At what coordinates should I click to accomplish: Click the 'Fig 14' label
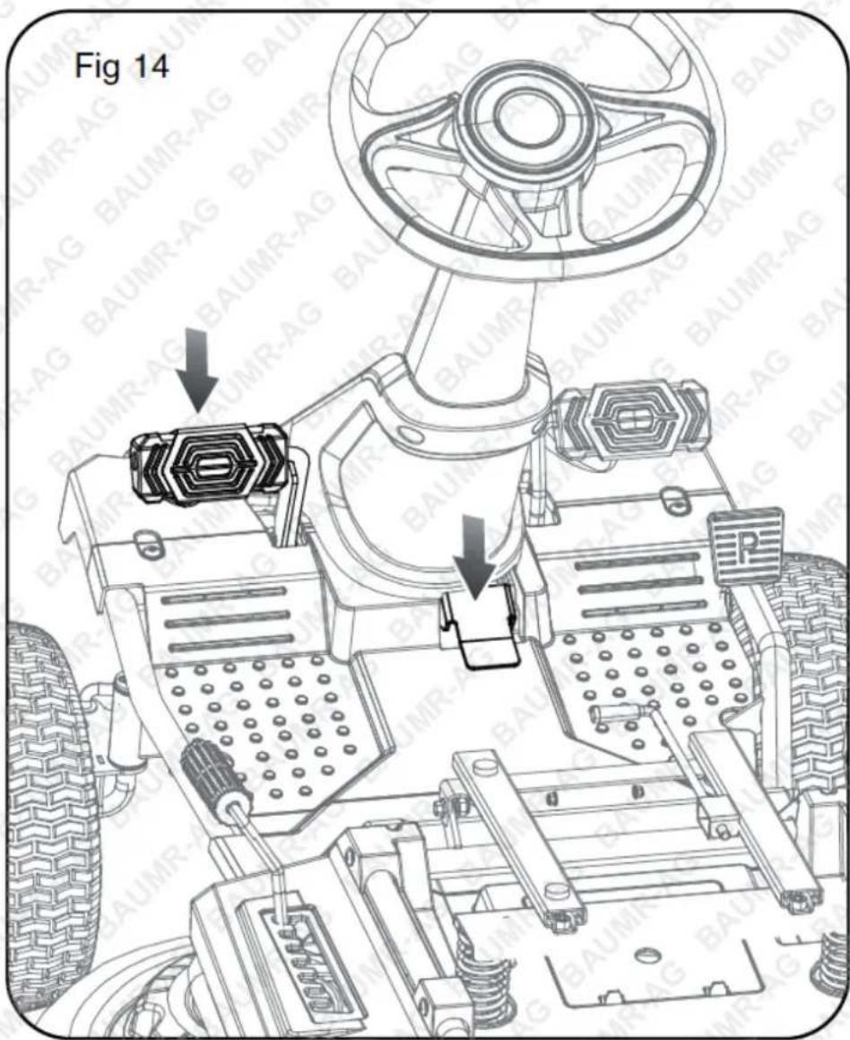[121, 66]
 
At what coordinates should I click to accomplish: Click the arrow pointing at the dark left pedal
[197, 370]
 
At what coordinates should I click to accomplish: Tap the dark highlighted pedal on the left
[211, 460]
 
